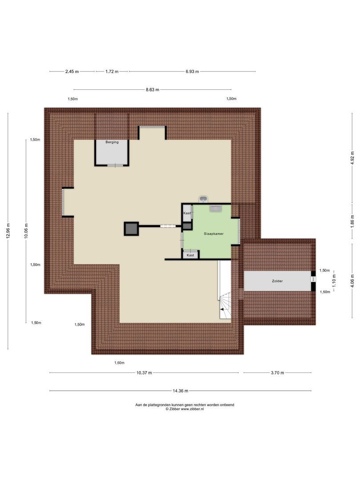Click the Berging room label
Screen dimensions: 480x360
pyautogui.click(x=112, y=143)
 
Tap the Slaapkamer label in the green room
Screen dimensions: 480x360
pyautogui.click(x=213, y=233)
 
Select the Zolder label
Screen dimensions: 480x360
pyautogui.click(x=277, y=281)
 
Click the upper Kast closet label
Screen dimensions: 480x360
pyautogui.click(x=187, y=214)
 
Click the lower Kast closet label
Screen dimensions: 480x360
pyautogui.click(x=190, y=255)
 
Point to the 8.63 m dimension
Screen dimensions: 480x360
pyautogui.click(x=152, y=89)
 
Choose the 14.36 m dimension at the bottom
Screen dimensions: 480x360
pyautogui.click(x=180, y=391)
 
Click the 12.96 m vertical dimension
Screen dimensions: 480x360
pyautogui.click(x=8, y=231)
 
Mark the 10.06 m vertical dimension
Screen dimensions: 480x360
pyautogui.click(x=26, y=231)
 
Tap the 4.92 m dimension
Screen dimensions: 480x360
pyautogui.click(x=352, y=158)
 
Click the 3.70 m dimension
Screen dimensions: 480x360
pyautogui.click(x=277, y=373)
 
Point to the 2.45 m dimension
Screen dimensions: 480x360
pyautogui.click(x=72, y=71)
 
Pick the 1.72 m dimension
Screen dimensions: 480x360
pyautogui.click(x=112, y=71)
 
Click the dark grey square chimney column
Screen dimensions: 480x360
pyautogui.click(x=131, y=229)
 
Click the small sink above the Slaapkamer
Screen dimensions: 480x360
pyautogui.click(x=204, y=199)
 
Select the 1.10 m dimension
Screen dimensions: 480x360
pyautogui.click(x=334, y=281)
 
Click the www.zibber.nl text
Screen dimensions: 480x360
pyautogui.click(x=192, y=409)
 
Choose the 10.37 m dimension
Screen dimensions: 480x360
pyautogui.click(x=144, y=373)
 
